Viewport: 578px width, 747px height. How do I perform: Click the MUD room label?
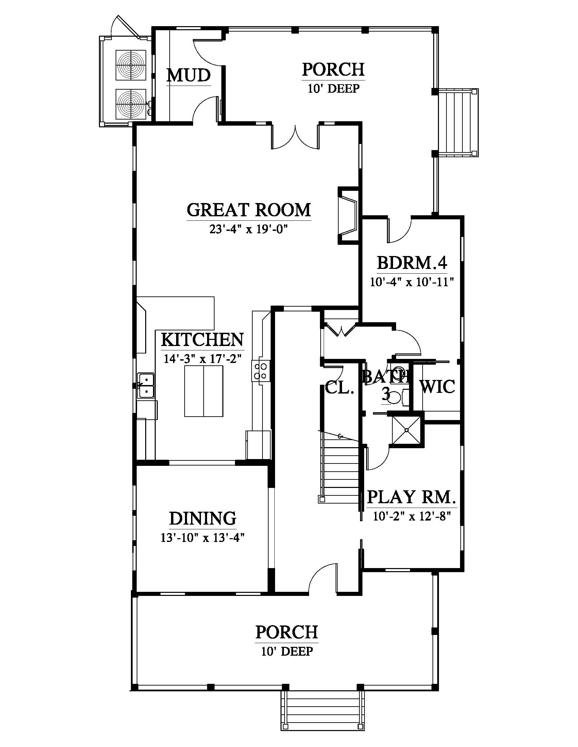[188, 75]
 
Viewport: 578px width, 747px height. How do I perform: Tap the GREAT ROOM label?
[249, 209]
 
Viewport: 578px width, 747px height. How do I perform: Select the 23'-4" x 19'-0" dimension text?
[248, 229]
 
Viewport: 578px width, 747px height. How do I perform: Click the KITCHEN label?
[202, 339]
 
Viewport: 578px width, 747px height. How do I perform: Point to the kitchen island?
[204, 391]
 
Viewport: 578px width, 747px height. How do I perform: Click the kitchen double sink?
[146, 385]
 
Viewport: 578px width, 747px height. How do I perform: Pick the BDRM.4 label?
[412, 263]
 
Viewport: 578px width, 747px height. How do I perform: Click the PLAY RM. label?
[412, 497]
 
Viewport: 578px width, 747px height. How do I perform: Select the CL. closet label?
[339, 388]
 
